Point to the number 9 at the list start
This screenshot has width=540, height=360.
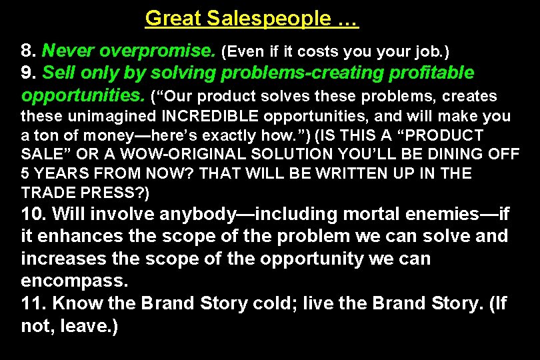click(x=27, y=72)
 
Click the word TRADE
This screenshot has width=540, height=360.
click(x=47, y=193)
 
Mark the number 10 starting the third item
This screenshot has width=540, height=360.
click(x=33, y=214)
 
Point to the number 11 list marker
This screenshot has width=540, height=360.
click(x=32, y=303)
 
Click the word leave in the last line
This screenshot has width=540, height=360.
click(x=83, y=326)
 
